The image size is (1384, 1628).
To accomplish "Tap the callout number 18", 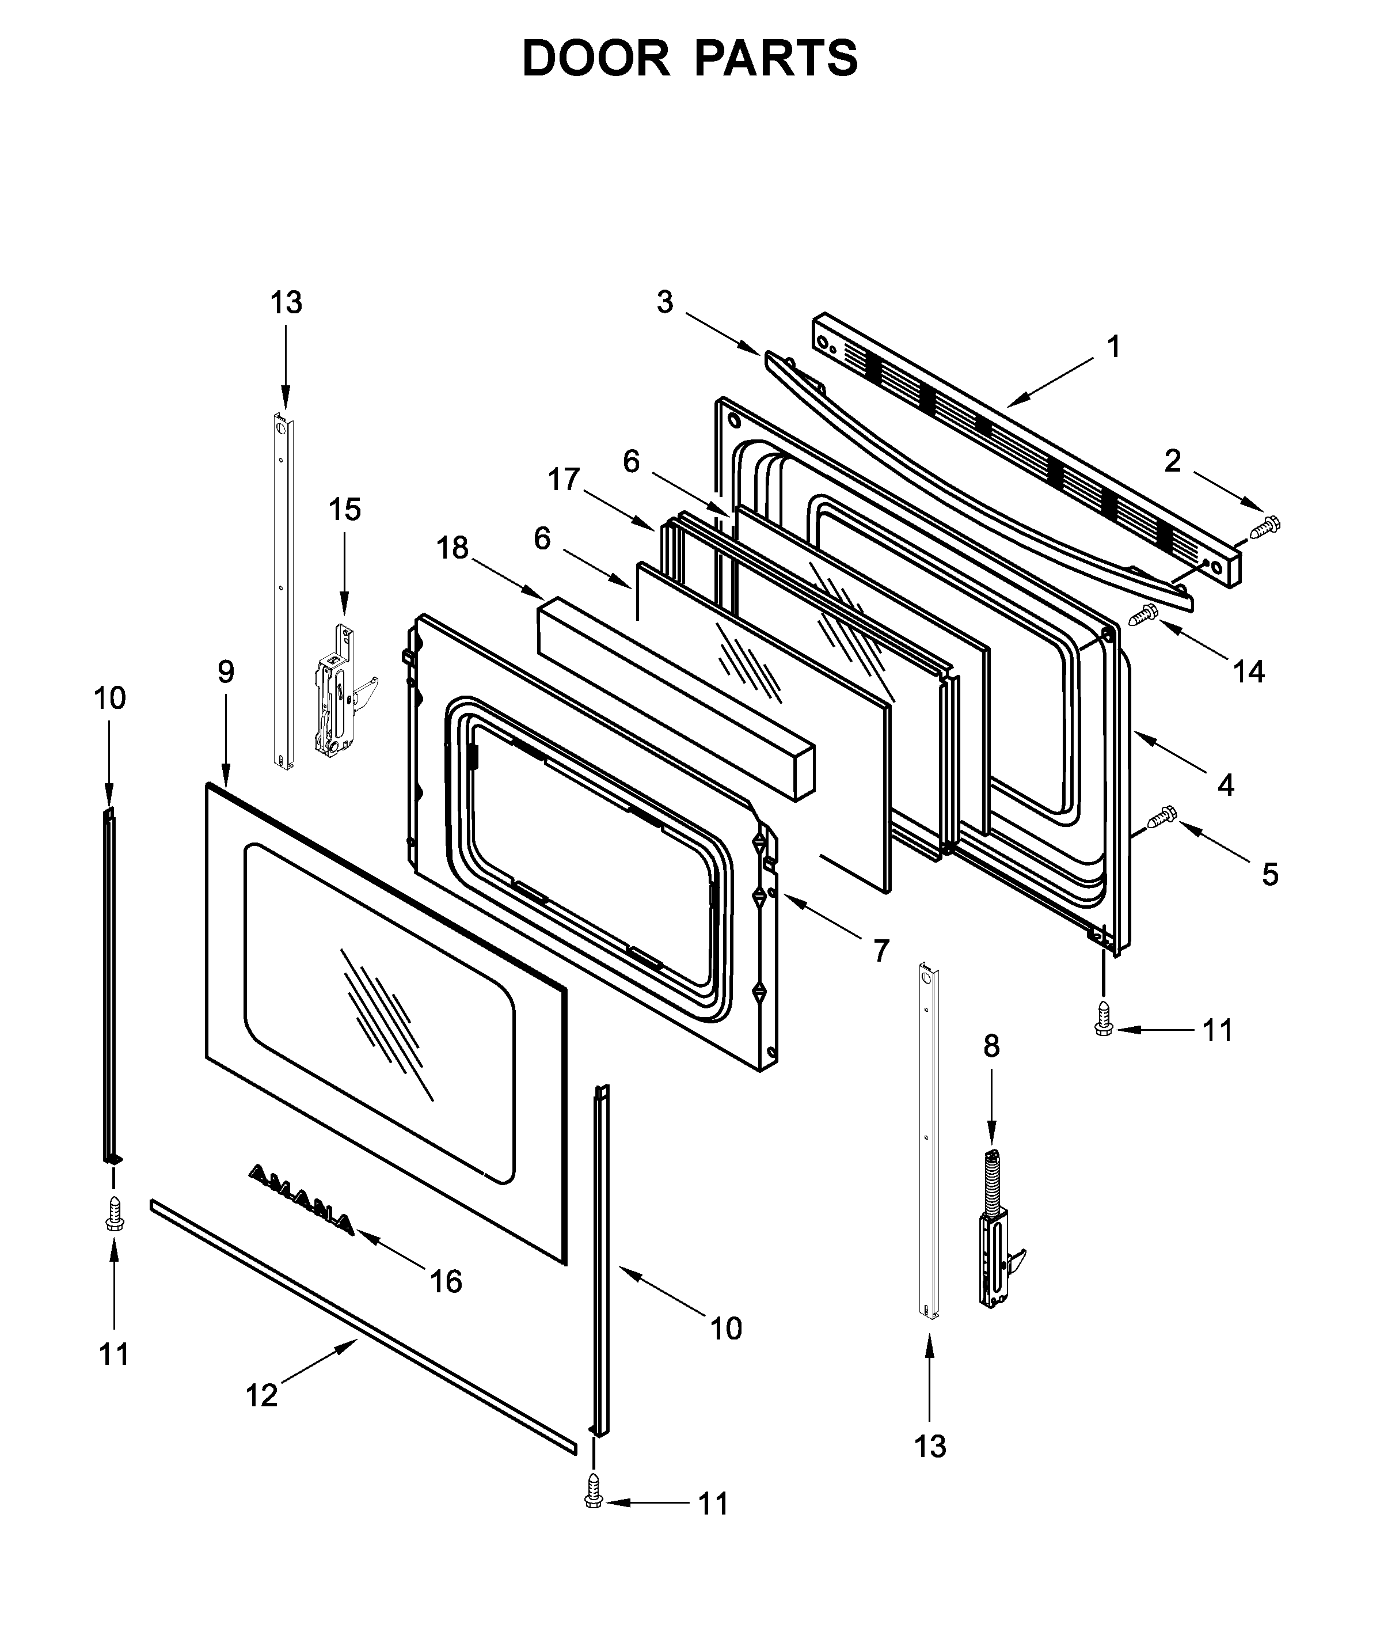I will [x=452, y=548].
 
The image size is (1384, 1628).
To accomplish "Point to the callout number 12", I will [x=261, y=1396].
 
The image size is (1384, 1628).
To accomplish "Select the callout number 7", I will [x=881, y=951].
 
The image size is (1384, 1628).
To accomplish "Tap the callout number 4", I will [x=1226, y=785].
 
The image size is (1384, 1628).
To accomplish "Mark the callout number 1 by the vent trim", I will [x=1112, y=346].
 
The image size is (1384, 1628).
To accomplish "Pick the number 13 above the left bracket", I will [x=286, y=302].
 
